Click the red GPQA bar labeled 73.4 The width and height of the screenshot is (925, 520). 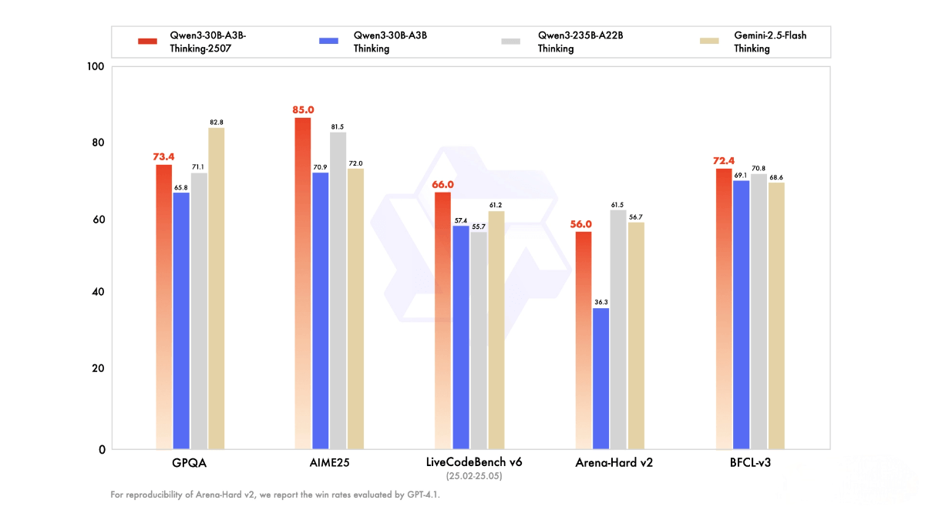coord(164,308)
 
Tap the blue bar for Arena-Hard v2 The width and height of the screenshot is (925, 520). coord(600,378)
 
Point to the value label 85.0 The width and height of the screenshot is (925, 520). coord(302,110)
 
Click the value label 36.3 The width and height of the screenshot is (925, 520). coord(601,301)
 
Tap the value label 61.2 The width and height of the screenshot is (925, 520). coord(496,205)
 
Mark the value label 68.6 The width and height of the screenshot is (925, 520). coord(775,177)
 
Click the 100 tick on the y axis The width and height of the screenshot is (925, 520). coord(96,67)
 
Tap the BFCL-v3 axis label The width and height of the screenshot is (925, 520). coord(748,464)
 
